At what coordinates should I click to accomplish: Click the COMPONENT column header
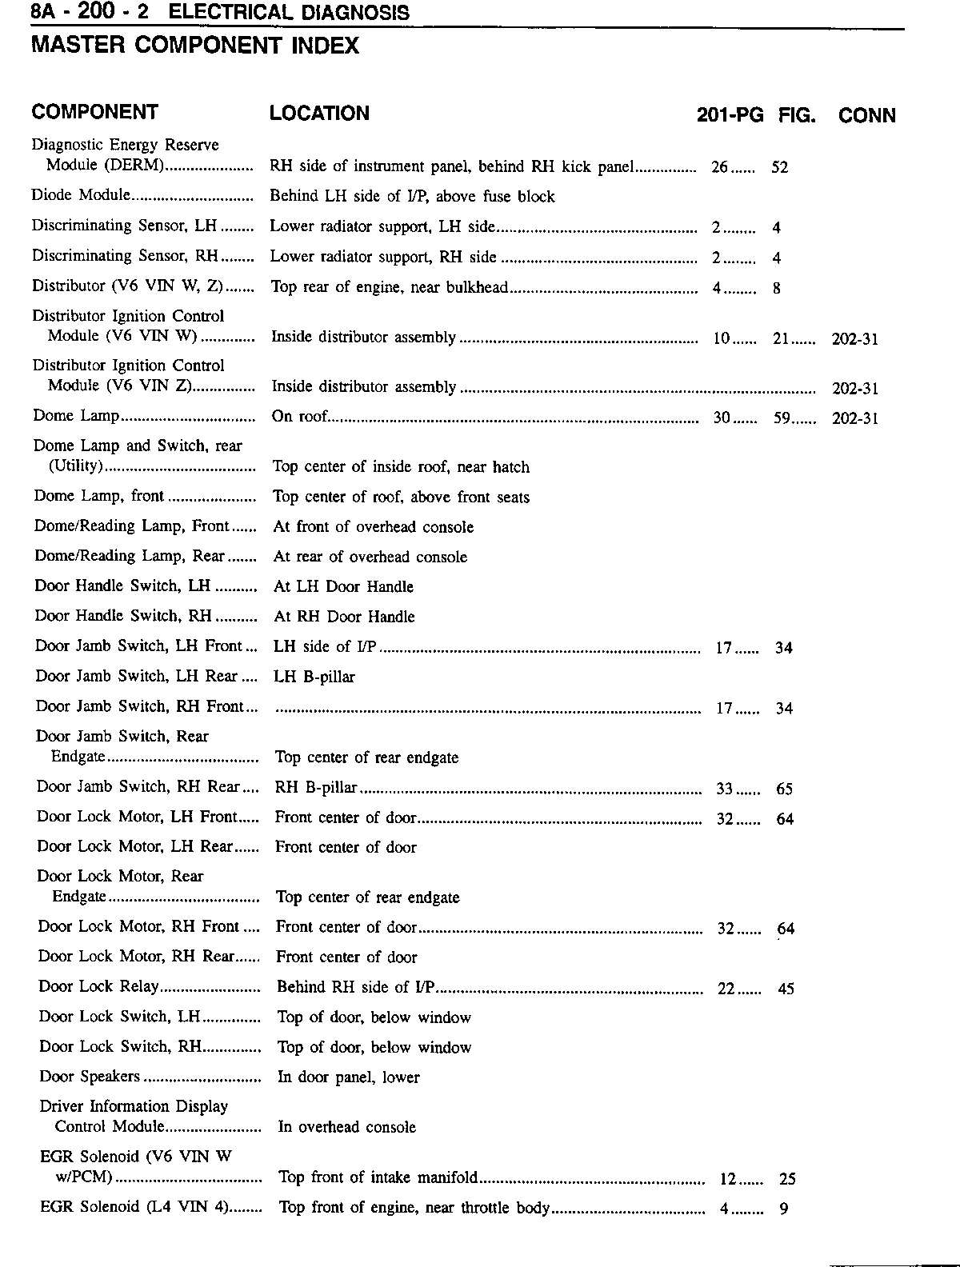pyautogui.click(x=94, y=112)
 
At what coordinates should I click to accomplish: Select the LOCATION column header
pyautogui.click(x=319, y=114)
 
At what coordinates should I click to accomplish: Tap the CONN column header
pyautogui.click(x=866, y=116)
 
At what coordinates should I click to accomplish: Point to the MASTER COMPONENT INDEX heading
pyautogui.click(x=194, y=46)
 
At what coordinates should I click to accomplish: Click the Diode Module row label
pyautogui.click(x=80, y=195)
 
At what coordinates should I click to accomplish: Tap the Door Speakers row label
pyautogui.click(x=90, y=1077)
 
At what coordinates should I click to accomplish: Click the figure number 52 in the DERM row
pyautogui.click(x=779, y=168)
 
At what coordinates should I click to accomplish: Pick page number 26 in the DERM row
pyautogui.click(x=719, y=167)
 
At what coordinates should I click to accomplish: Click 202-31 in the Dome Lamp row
pyautogui.click(x=855, y=418)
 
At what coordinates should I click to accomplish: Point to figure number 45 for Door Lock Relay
pyautogui.click(x=786, y=989)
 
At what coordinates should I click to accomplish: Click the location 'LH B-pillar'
pyautogui.click(x=314, y=677)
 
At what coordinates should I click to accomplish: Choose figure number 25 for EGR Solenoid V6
pyautogui.click(x=787, y=1179)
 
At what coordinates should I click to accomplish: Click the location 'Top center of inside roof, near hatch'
pyautogui.click(x=401, y=467)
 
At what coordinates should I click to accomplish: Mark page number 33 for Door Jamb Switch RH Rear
pyautogui.click(x=724, y=789)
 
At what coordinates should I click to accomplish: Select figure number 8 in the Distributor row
pyautogui.click(x=777, y=288)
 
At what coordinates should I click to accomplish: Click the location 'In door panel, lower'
pyautogui.click(x=348, y=1077)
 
